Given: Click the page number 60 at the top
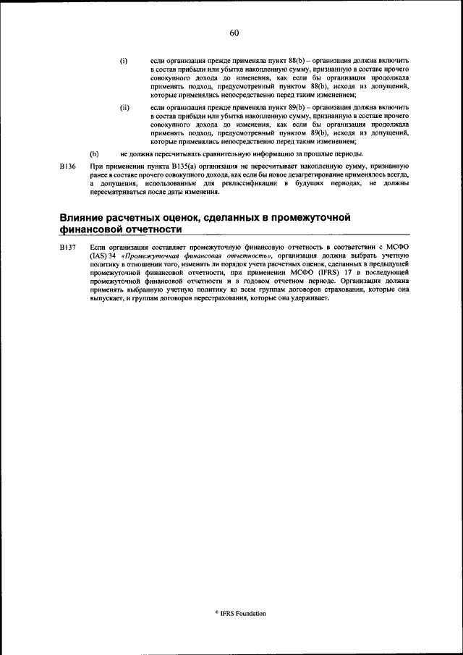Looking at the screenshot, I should click(x=234, y=33).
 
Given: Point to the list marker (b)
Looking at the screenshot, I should click(x=93, y=153).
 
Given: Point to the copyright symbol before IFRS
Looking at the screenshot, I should click(x=216, y=612).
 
